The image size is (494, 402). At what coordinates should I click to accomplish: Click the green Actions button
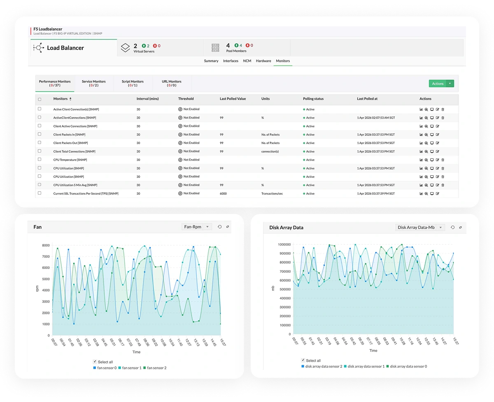tap(438, 84)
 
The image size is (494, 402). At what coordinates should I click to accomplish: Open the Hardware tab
tap(263, 61)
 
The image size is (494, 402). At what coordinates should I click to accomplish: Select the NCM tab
tap(247, 61)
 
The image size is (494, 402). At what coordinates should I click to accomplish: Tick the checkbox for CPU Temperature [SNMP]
tap(40, 159)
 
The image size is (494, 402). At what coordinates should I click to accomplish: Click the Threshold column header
tap(186, 99)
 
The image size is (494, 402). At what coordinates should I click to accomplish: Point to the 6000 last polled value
tap(223, 193)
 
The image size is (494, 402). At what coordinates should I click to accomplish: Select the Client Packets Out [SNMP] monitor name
tap(71, 143)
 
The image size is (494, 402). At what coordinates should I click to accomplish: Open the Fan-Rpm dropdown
tap(196, 227)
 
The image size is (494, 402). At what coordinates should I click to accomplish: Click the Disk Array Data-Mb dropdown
tap(420, 227)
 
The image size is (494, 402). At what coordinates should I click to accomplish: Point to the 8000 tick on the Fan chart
tap(45, 245)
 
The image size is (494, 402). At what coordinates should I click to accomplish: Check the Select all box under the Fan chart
tap(96, 362)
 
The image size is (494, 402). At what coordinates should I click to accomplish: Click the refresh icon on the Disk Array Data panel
tap(452, 227)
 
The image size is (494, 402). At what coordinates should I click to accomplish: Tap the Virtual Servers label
tap(144, 51)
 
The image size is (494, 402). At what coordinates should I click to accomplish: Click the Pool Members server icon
tap(215, 48)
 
